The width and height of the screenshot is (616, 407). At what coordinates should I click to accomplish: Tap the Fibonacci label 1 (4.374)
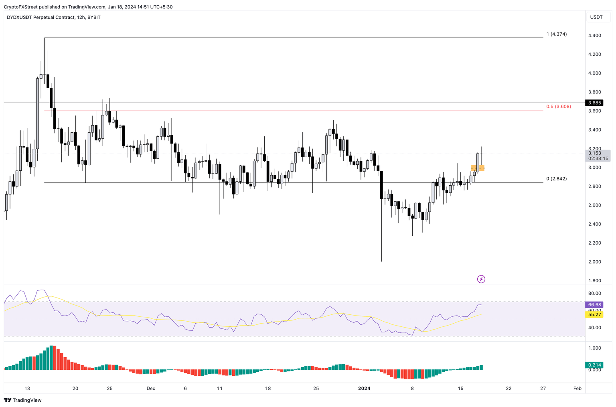(x=556, y=34)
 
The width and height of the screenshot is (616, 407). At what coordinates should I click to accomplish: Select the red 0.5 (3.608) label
(x=558, y=107)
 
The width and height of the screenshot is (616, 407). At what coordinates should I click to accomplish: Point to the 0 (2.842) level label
(x=556, y=179)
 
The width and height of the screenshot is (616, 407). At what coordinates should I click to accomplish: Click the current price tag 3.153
(x=595, y=153)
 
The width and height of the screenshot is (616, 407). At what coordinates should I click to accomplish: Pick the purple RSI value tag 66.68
(x=594, y=305)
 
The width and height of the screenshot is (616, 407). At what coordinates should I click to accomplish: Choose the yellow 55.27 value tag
(x=594, y=315)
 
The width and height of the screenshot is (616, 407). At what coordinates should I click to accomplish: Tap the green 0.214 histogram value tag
(x=594, y=365)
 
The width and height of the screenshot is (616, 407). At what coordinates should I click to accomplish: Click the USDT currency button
(x=596, y=17)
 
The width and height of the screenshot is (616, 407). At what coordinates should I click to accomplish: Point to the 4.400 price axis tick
(x=594, y=36)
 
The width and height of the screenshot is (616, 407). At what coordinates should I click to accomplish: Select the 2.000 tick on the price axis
(x=594, y=262)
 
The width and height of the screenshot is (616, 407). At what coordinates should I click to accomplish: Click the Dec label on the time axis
(x=151, y=389)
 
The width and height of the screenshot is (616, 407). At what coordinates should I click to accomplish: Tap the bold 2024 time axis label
(x=364, y=389)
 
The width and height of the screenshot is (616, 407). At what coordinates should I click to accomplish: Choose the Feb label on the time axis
(x=577, y=389)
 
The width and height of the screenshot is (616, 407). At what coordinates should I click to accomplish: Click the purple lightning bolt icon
(x=481, y=279)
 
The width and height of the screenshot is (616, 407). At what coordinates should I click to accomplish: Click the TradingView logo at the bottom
(x=23, y=400)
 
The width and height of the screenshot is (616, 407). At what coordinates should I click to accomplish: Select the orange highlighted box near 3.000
(x=478, y=168)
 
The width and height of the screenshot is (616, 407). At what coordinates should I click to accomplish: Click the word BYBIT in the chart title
(x=94, y=18)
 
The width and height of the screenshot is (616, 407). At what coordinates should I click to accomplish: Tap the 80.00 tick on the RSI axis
(x=594, y=294)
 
